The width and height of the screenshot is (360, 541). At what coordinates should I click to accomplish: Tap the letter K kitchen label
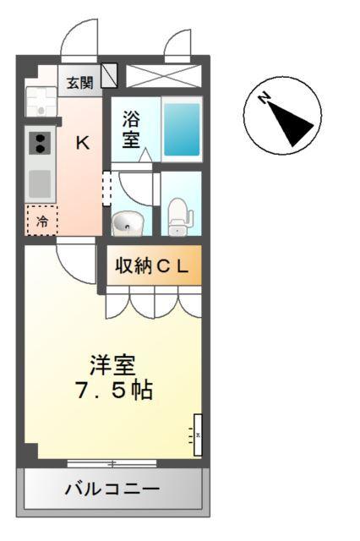(82, 142)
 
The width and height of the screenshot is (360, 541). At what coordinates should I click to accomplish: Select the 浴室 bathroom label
(131, 128)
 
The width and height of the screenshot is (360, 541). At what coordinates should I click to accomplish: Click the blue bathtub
(182, 129)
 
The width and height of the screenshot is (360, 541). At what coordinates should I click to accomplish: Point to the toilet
(178, 216)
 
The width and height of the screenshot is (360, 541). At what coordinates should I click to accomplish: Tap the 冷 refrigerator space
(41, 221)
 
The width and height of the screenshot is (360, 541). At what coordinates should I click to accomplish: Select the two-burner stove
(39, 143)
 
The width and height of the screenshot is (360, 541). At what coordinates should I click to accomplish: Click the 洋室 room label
(113, 366)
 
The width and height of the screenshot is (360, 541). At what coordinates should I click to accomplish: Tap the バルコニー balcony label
(112, 489)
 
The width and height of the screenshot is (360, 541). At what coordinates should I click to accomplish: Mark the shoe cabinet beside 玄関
(109, 76)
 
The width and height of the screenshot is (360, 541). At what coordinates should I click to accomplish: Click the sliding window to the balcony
(112, 463)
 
